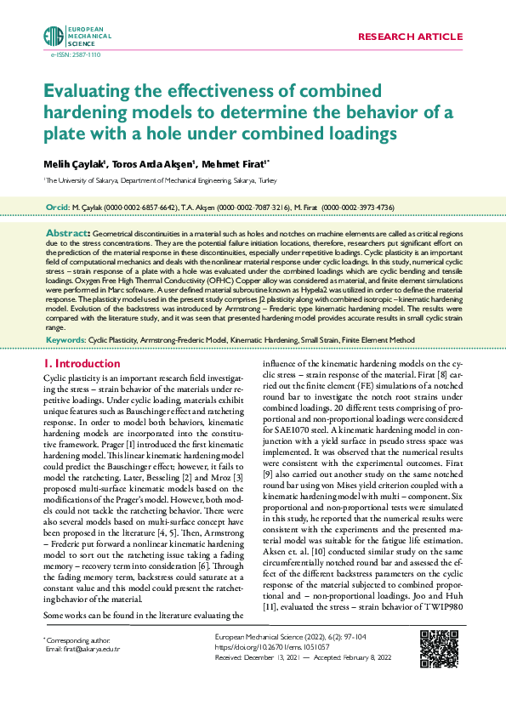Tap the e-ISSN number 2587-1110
click(x=65, y=54)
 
